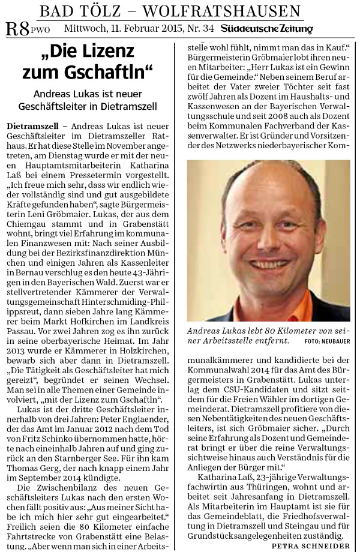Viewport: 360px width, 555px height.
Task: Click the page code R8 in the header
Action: (x=16, y=28)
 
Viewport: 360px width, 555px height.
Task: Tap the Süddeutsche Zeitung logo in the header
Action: (x=266, y=28)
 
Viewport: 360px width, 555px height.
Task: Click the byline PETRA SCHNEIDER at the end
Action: (x=311, y=546)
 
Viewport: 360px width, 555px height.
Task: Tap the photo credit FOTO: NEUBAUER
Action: (x=327, y=341)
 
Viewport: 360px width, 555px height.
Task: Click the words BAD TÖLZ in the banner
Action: (x=75, y=10)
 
